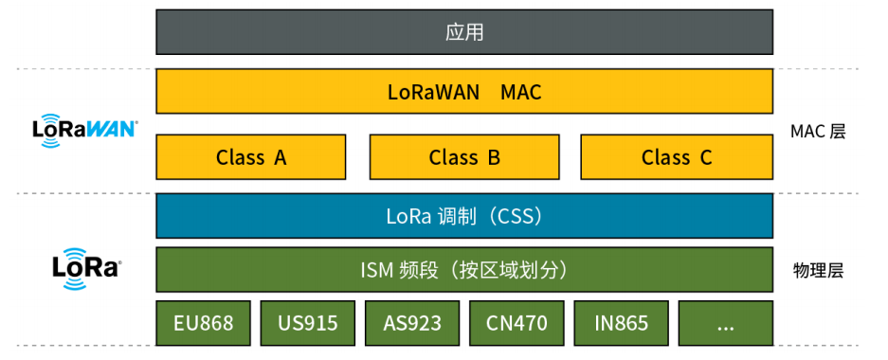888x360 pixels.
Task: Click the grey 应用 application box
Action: pos(464,32)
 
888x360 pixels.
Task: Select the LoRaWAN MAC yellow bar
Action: pos(464,92)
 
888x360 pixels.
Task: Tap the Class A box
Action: pos(251,157)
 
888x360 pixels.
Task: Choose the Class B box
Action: pos(464,157)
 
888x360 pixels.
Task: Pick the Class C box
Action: pos(677,157)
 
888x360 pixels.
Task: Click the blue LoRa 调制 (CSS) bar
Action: pos(464,216)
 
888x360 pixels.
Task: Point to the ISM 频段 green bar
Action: pos(464,270)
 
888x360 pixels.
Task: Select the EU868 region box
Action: pos(204,323)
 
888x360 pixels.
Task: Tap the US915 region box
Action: pos(308,323)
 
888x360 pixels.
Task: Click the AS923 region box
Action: pos(412,323)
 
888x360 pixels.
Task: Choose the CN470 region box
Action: pos(516,323)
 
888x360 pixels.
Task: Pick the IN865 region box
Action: pos(622,323)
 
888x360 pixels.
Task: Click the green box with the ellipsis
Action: pos(726,323)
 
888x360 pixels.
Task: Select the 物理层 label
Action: pos(818,271)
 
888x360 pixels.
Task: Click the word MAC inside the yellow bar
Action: pos(521,93)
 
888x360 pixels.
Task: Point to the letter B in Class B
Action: pos(494,158)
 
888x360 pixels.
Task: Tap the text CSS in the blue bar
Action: pos(516,216)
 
